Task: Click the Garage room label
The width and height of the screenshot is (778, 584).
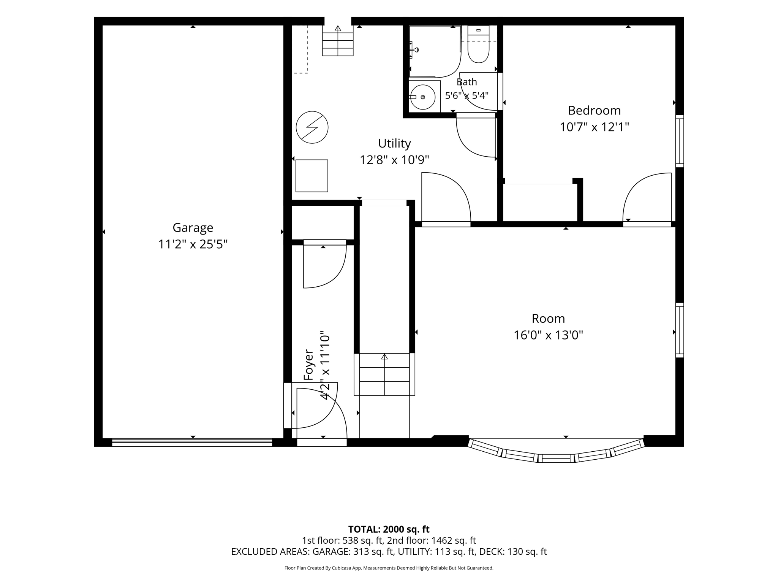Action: [x=193, y=228]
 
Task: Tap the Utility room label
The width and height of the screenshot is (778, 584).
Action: [x=394, y=143]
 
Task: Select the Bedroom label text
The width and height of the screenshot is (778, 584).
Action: [x=594, y=110]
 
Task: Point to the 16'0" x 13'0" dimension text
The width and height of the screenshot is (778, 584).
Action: [x=548, y=335]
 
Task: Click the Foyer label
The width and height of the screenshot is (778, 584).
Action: [x=308, y=365]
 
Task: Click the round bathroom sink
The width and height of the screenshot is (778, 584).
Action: [x=423, y=97]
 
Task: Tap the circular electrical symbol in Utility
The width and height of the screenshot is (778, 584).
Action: [x=312, y=127]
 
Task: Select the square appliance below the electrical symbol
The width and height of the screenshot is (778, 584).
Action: [x=312, y=176]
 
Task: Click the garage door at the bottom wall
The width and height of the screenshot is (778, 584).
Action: [x=192, y=442]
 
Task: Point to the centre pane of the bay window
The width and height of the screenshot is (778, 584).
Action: [x=556, y=458]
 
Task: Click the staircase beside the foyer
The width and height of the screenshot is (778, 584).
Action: [x=384, y=374]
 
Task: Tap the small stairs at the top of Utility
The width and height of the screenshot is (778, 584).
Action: [x=338, y=40]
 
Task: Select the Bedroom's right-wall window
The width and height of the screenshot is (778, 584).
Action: [x=679, y=141]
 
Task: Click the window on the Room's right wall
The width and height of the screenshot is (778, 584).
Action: [x=679, y=330]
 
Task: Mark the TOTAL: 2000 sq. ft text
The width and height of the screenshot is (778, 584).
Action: [x=389, y=529]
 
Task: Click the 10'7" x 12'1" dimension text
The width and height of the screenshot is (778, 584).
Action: [x=594, y=127]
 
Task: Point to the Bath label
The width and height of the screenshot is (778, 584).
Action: [x=466, y=82]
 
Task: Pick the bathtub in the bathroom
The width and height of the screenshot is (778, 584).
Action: [x=435, y=51]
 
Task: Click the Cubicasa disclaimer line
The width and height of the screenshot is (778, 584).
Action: [x=389, y=568]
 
